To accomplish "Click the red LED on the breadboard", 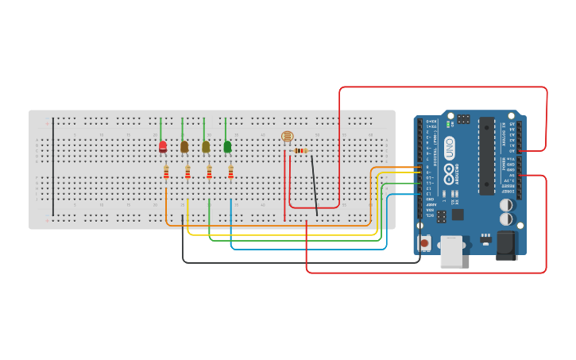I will [163, 147].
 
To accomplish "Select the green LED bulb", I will [227, 147].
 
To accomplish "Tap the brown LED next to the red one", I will [184, 147].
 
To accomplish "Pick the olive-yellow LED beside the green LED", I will [206, 147].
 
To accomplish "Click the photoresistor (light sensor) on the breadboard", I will [287, 137].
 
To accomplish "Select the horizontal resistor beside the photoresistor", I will [301, 150].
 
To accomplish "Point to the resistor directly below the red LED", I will [166, 172].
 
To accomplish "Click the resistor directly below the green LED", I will [230, 172].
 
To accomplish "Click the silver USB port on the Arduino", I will [450, 254].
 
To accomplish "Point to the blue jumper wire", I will [310, 249].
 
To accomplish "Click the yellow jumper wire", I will [278, 235].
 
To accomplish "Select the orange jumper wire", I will [270, 226].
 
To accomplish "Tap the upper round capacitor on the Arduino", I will [506, 204].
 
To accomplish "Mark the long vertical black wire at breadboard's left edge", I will [53, 167].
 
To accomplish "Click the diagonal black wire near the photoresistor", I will [315, 185].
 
